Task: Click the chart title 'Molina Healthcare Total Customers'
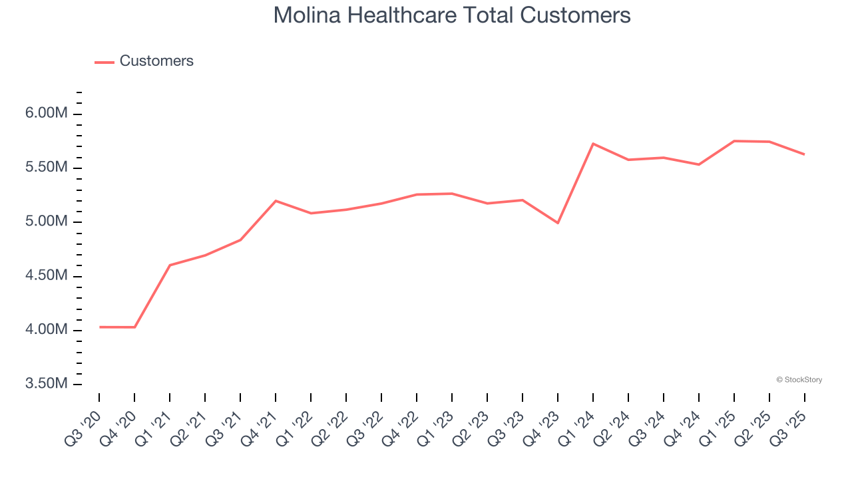pyautogui.click(x=452, y=15)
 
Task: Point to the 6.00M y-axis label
pyautogui.click(x=46, y=114)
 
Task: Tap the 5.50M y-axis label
pyautogui.click(x=46, y=168)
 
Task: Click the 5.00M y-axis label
pyautogui.click(x=46, y=222)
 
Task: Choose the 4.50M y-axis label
pyautogui.click(x=46, y=276)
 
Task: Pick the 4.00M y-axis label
pyautogui.click(x=46, y=330)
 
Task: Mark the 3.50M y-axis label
pyautogui.click(x=46, y=385)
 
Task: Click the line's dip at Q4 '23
pyautogui.click(x=558, y=223)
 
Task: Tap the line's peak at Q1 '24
pyautogui.click(x=593, y=144)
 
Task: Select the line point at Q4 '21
pyautogui.click(x=276, y=201)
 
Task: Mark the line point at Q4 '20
pyautogui.click(x=134, y=327)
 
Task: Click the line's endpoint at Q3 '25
pyautogui.click(x=804, y=154)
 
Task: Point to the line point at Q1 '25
pyautogui.click(x=734, y=141)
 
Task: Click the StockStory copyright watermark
pyautogui.click(x=799, y=380)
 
